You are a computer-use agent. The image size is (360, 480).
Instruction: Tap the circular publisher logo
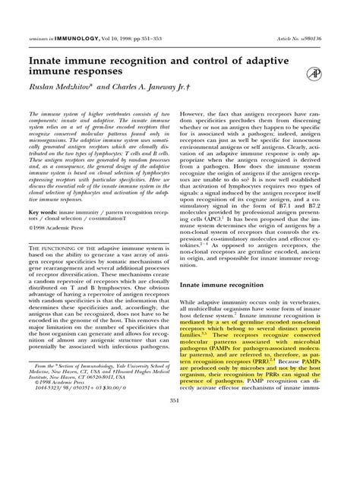[x=313, y=73]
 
